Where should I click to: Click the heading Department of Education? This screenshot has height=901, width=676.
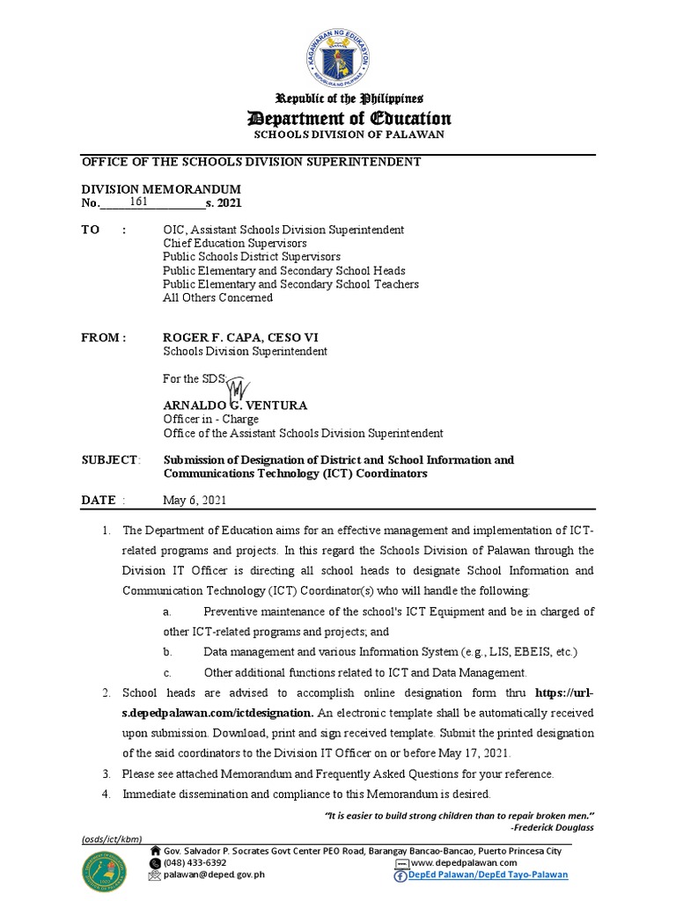[349, 118]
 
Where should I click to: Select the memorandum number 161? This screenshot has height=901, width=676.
[138, 202]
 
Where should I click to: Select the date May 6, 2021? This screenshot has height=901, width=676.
[195, 500]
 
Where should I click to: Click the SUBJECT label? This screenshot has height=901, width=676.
[110, 460]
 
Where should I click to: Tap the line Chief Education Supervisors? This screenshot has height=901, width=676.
[235, 243]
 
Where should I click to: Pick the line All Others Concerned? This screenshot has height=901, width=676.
[217, 297]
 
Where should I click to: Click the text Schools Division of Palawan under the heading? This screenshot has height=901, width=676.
[349, 135]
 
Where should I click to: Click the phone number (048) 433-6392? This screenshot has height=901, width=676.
[195, 863]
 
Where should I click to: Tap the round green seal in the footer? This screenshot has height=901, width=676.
[105, 869]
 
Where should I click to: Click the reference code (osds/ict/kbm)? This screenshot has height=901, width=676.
[112, 839]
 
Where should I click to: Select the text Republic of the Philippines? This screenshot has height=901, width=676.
[350, 98]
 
